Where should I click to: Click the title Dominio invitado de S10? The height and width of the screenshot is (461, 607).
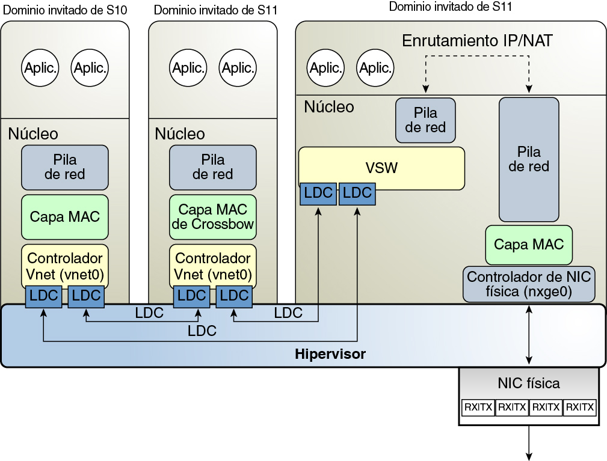65,10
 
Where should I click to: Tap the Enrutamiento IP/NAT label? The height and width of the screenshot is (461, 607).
477,41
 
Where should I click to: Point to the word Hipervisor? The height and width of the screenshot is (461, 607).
330,354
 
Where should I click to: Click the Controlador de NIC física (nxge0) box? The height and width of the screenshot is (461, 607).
529,284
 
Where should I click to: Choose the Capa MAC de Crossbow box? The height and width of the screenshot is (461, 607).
212,216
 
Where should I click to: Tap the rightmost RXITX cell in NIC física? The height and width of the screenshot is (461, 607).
581,408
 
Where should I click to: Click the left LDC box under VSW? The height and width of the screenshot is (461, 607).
317,194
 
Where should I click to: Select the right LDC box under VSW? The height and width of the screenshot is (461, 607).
357,194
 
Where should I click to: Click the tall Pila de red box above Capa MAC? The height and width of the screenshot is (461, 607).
529,159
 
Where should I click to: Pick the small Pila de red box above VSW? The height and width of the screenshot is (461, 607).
425,120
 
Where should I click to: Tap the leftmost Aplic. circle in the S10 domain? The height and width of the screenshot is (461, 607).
40,68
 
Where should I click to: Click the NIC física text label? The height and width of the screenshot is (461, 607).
529,383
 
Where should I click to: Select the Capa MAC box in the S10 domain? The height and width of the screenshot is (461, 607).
65,216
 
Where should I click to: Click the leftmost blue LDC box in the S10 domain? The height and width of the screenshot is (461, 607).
43,296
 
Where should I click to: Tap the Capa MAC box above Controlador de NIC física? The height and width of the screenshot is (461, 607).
529,244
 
